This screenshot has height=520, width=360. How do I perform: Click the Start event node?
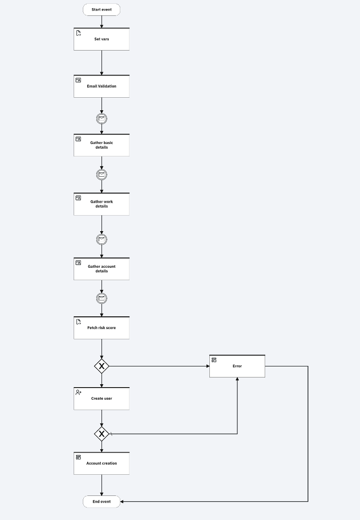102,10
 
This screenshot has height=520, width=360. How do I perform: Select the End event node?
102,502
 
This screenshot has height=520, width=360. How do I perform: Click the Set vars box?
102,39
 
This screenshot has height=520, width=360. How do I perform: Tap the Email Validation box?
102,86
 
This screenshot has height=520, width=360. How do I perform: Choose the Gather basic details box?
102,145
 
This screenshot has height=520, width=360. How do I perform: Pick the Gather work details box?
102,204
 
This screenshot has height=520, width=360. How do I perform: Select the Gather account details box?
102,269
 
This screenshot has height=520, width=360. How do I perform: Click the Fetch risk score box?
102,328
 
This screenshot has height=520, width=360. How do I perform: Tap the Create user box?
102,399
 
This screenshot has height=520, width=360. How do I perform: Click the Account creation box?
102,463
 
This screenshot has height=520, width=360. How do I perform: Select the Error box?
237,366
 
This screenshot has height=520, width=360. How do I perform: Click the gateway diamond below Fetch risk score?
102,366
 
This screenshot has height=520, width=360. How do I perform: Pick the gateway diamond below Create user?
102,434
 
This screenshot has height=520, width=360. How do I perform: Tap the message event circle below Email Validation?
102,118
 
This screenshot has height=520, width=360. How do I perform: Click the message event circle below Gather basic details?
102,175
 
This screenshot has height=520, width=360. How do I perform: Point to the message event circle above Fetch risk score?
102,299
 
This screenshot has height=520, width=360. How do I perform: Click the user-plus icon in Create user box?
78,392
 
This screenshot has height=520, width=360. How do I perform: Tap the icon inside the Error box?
214,360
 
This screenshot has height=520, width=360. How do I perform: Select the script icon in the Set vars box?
78,33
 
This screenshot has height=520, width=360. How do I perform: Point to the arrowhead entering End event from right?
123,502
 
